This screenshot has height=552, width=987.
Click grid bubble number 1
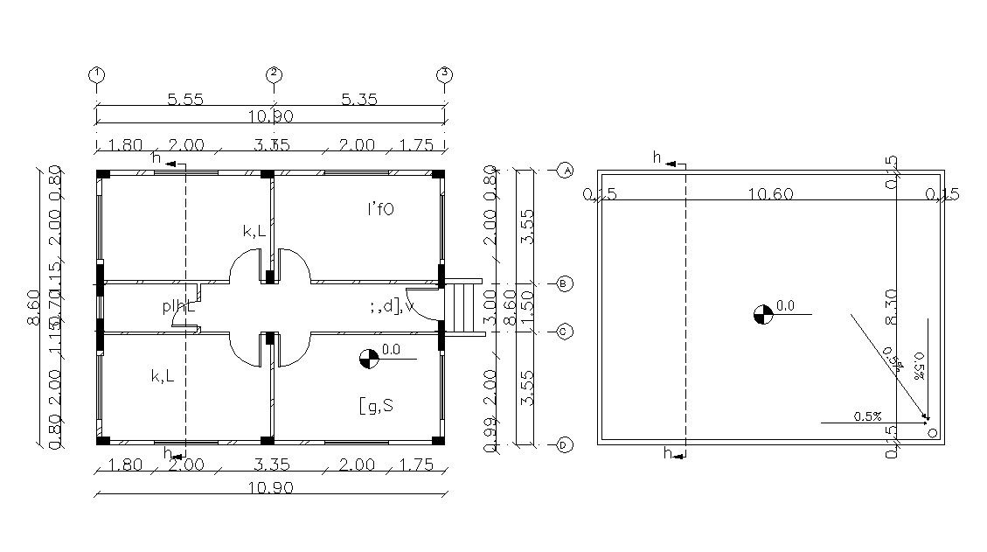point(97,74)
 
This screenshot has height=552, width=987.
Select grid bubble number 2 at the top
point(274,74)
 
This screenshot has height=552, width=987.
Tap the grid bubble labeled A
point(565,170)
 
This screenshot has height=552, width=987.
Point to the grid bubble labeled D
point(565,445)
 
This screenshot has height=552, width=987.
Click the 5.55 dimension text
point(184,100)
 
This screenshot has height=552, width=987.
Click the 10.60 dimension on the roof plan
point(770,194)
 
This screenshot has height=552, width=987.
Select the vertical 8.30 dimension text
point(891,308)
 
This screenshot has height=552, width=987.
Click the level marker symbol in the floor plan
point(369,358)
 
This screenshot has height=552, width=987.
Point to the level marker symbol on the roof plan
point(762,314)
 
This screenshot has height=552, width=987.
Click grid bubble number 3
point(445,74)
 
